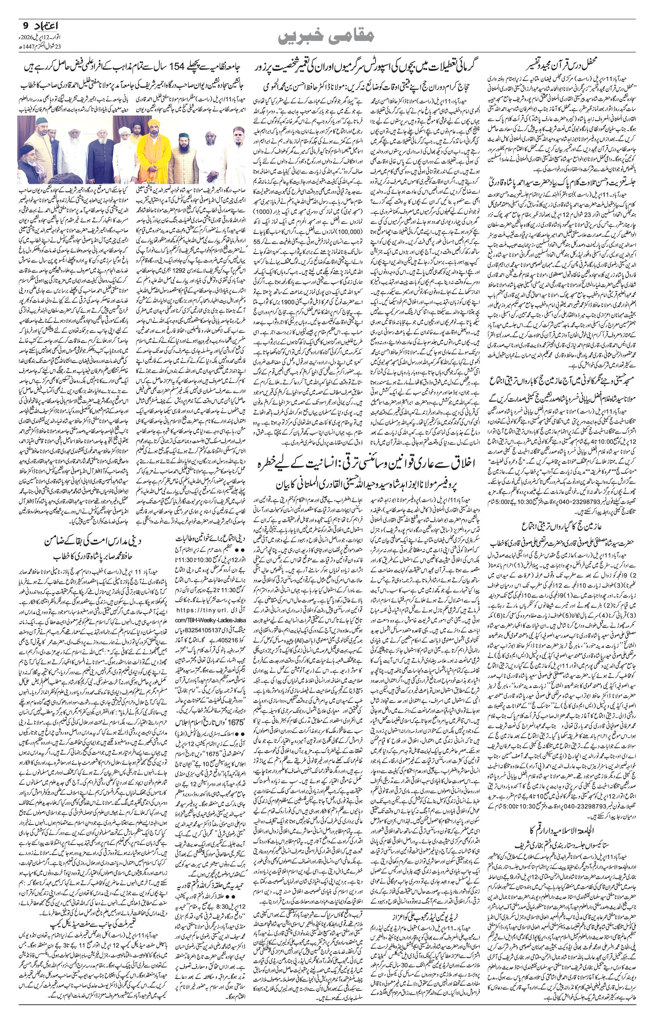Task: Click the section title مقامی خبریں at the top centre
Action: tap(327, 37)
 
